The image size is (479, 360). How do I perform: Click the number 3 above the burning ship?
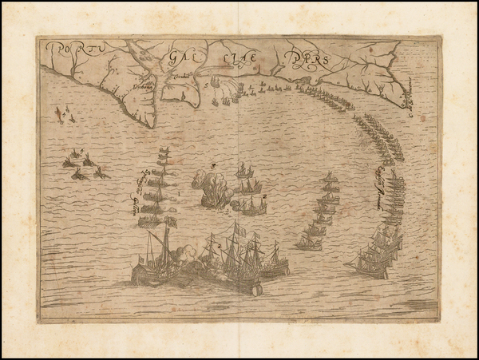coord(213,165)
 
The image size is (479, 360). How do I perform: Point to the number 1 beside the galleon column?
coord(181,192)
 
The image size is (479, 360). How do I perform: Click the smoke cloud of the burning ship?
coord(214,192)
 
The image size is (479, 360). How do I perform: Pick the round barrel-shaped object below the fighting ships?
coord(256,289)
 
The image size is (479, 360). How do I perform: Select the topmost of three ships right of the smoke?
coord(244,171)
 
